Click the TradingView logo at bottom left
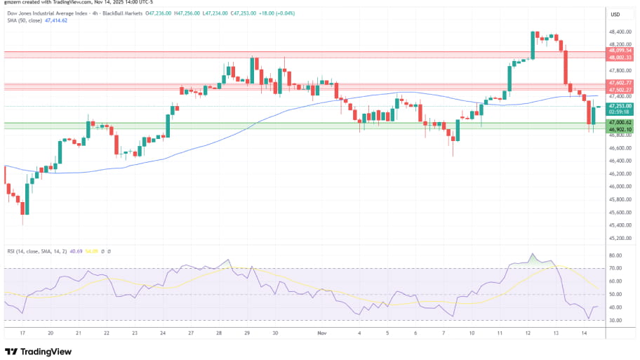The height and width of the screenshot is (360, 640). pos(34,352)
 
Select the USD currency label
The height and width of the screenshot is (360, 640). pos(615,15)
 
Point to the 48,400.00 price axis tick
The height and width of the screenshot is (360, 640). pos(618,32)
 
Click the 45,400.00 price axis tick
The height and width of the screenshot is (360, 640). pos(618,225)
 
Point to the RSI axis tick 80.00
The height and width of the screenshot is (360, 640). pos(616,255)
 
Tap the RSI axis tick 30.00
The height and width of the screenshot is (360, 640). pos(616,320)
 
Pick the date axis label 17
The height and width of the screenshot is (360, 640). pos(22,333)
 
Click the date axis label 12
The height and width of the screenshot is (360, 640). pos(528,333)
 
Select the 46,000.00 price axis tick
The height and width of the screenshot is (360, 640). pos(618,187)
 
